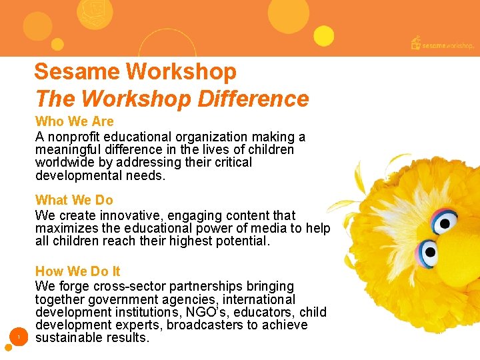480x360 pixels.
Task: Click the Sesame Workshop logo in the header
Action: point(442,44)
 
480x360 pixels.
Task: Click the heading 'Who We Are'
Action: point(75,121)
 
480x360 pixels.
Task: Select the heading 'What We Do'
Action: point(74,199)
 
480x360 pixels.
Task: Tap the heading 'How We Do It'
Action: point(78,271)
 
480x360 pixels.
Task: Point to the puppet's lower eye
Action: point(428,253)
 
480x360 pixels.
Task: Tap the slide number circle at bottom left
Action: point(19,337)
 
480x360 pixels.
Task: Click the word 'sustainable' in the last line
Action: point(70,337)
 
